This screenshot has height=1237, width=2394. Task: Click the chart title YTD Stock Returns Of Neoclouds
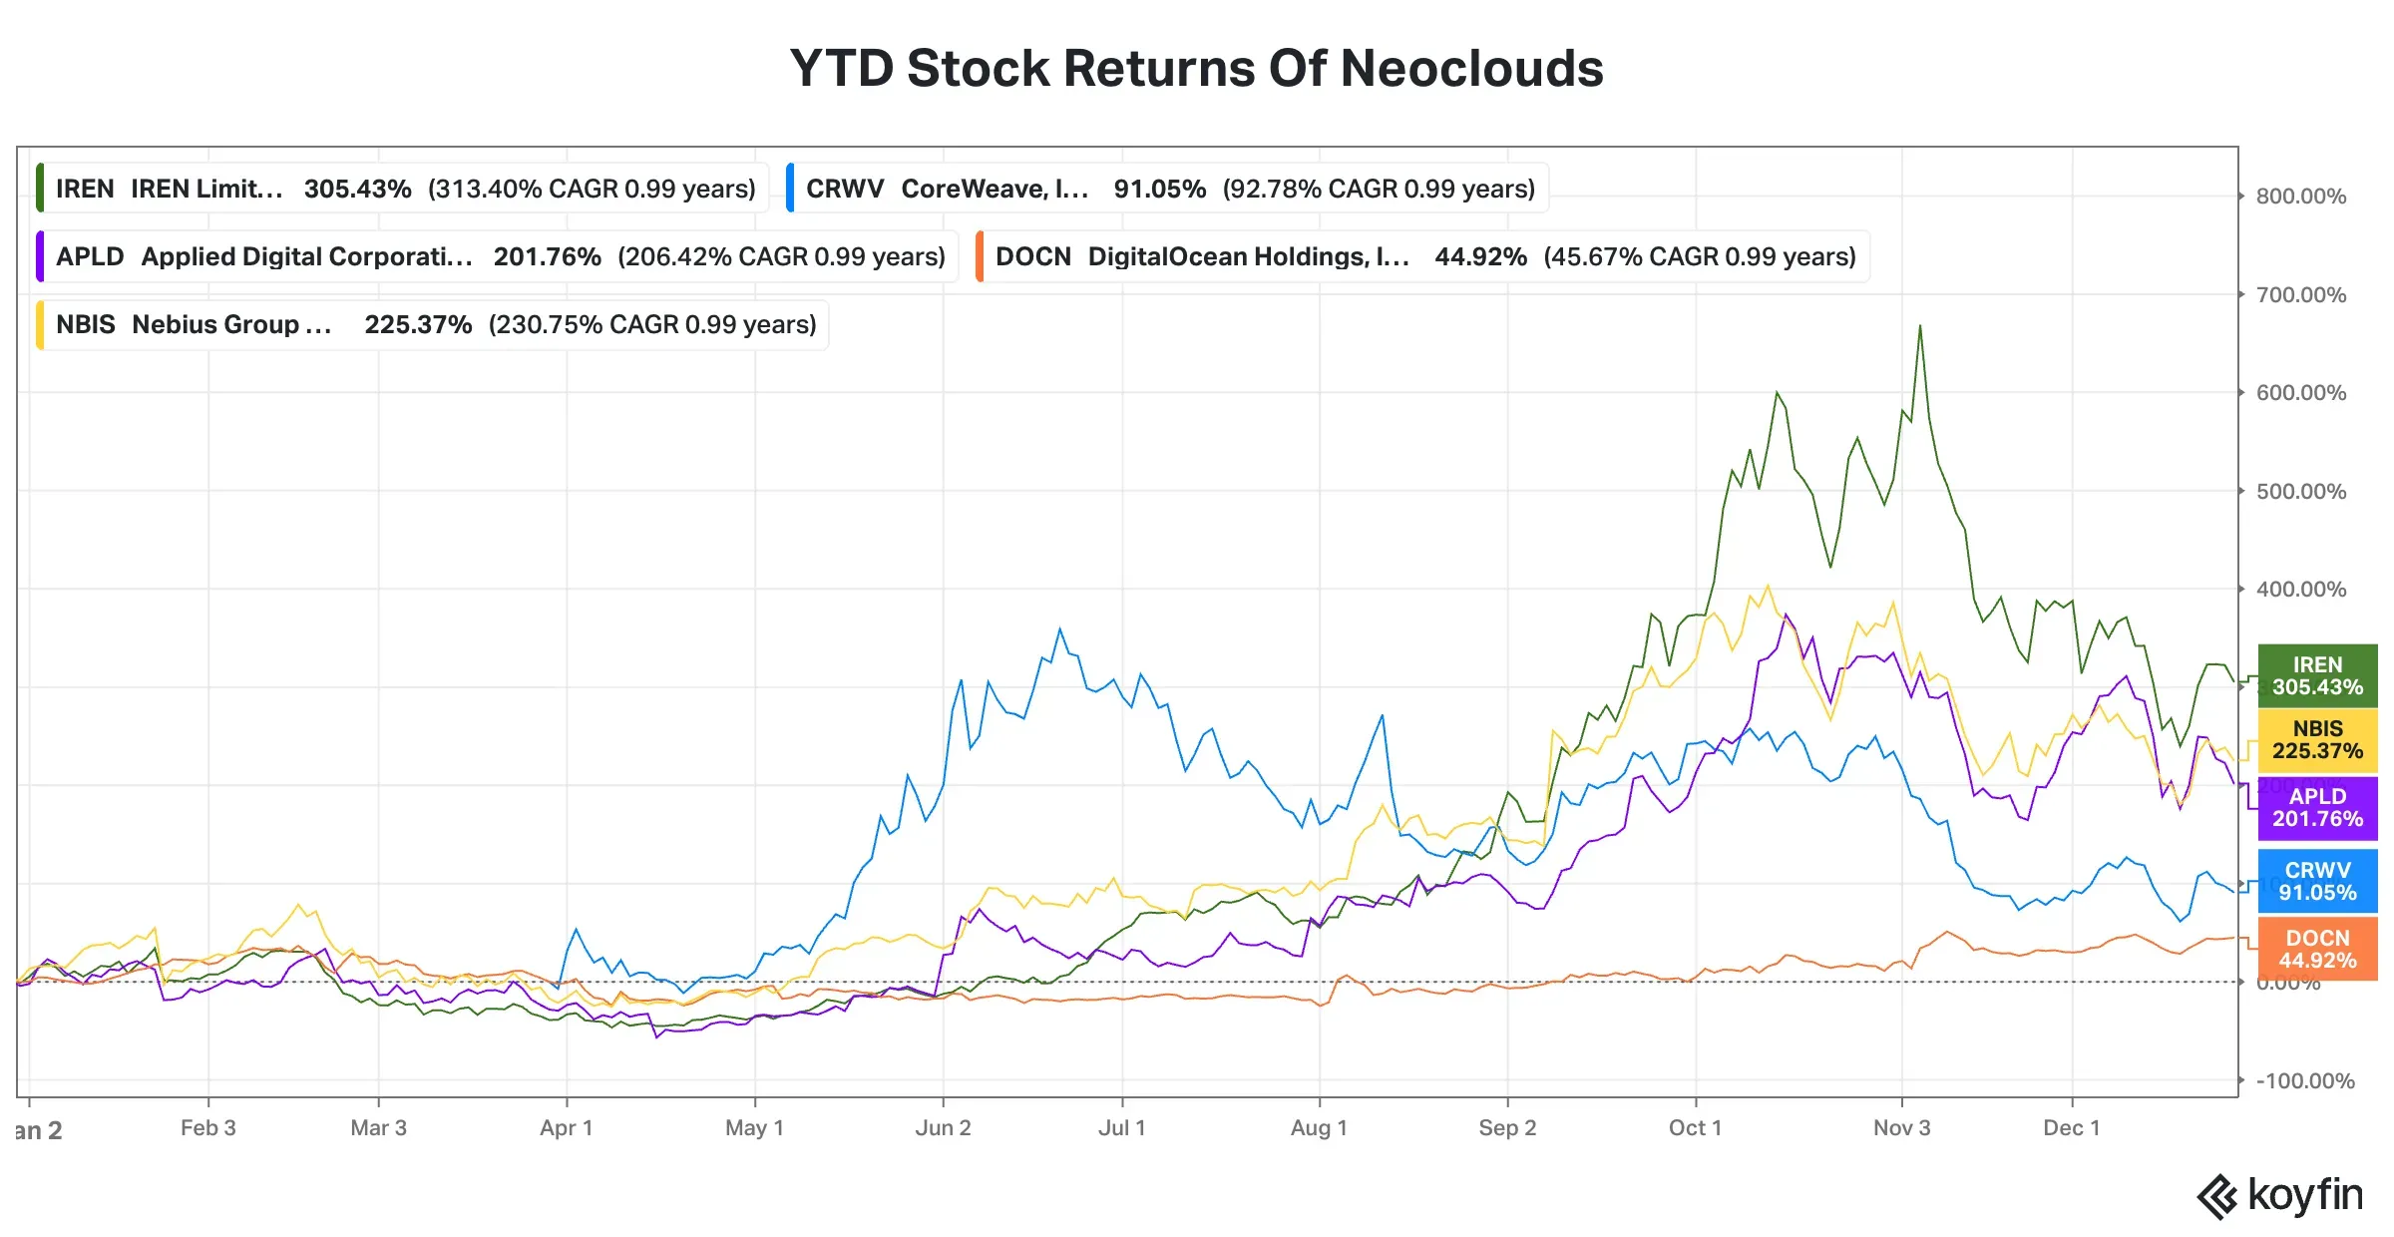click(1196, 69)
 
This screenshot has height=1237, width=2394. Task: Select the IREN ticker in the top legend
click(85, 189)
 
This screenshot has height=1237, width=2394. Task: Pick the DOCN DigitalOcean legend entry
click(1422, 256)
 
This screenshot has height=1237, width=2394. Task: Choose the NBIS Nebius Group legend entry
click(433, 324)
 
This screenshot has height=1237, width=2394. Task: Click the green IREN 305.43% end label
click(2316, 675)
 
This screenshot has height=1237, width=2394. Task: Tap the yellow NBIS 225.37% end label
click(2316, 740)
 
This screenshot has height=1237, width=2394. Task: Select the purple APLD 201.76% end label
click(2316, 807)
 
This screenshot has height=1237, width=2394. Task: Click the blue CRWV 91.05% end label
click(2316, 881)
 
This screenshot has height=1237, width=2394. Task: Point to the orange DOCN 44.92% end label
click(2316, 949)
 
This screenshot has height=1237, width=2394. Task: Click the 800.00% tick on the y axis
click(2300, 197)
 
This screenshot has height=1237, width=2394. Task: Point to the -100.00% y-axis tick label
click(2304, 1080)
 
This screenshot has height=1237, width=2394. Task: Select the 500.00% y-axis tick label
click(2300, 491)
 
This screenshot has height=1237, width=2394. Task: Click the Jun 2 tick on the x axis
click(943, 1128)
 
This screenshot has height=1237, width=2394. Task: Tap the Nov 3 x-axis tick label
click(1901, 1128)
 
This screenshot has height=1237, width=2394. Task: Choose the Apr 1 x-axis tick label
click(566, 1128)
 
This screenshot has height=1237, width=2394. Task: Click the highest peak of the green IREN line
click(1919, 326)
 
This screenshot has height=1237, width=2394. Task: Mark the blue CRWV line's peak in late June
click(1059, 628)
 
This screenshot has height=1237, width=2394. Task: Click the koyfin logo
click(2280, 1196)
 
